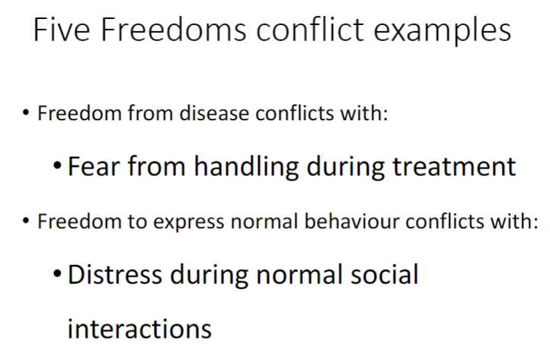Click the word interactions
click(x=139, y=328)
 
